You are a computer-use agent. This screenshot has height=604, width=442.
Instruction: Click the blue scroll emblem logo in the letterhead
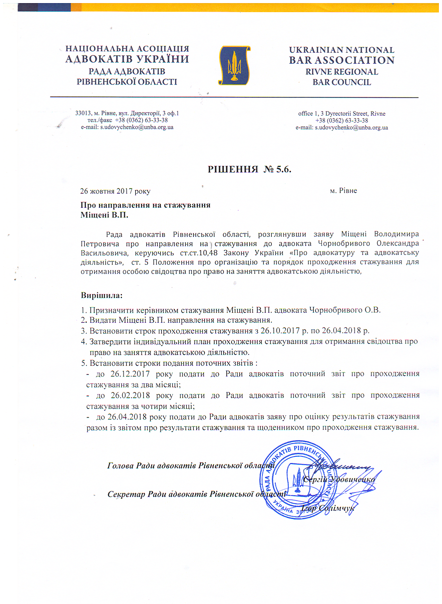coord(234,65)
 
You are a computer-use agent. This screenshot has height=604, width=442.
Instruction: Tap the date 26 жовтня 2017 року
coord(115,191)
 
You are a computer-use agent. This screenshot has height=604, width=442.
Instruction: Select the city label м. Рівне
coord(343,191)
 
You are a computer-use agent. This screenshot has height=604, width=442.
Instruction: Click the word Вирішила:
coord(102,296)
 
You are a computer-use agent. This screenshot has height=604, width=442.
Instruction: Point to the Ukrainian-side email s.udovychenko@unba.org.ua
coord(137,127)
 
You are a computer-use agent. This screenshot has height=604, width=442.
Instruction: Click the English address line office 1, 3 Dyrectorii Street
coord(341,114)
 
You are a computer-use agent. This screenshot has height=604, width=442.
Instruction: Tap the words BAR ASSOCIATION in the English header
coord(341,61)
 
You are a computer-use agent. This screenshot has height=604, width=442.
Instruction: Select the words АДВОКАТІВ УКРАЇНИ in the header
coord(127,59)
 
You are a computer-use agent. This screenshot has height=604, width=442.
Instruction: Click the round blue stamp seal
coord(297,480)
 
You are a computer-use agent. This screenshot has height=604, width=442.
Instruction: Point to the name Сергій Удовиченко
coord(339,480)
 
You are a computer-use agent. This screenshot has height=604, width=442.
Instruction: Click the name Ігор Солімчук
coord(328,508)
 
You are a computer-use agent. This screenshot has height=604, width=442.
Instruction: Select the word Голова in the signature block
coord(120,466)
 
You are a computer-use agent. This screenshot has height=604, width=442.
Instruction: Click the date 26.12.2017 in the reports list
coord(130,374)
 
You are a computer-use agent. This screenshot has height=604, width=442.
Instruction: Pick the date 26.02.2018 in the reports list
coord(130,396)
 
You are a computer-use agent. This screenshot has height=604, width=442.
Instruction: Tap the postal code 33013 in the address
coord(83,113)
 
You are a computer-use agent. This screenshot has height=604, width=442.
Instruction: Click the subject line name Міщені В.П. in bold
coord(104,215)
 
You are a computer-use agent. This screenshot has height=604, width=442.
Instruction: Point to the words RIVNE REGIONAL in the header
coord(341,72)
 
